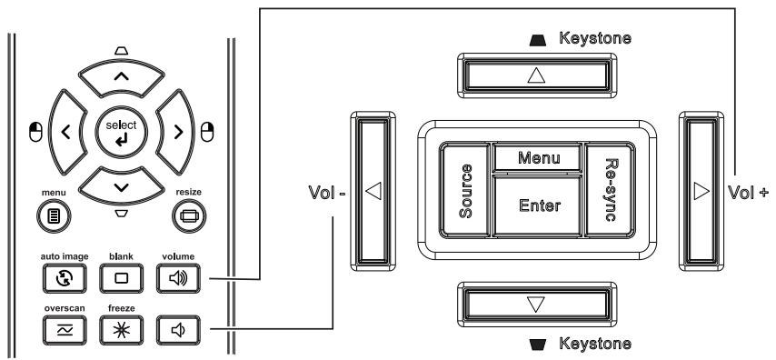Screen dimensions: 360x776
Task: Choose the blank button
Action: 121,275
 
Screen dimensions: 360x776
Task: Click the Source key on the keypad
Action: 466,191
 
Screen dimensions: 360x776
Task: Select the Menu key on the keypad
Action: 538,157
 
